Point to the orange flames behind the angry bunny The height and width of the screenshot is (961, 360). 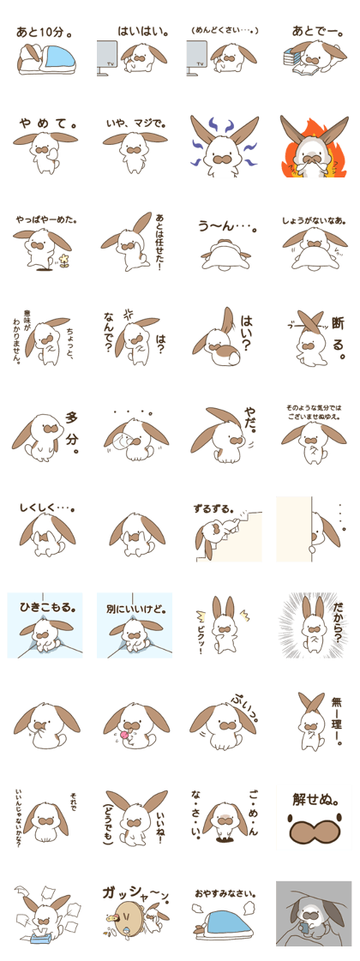315,153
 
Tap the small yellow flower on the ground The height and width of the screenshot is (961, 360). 63,261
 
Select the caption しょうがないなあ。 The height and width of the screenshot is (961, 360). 315,219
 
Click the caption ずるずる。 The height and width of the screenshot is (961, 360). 214,508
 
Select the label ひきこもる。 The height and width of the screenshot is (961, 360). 46,609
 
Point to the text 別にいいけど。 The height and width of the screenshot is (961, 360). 135,610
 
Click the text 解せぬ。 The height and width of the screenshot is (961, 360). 315,799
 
